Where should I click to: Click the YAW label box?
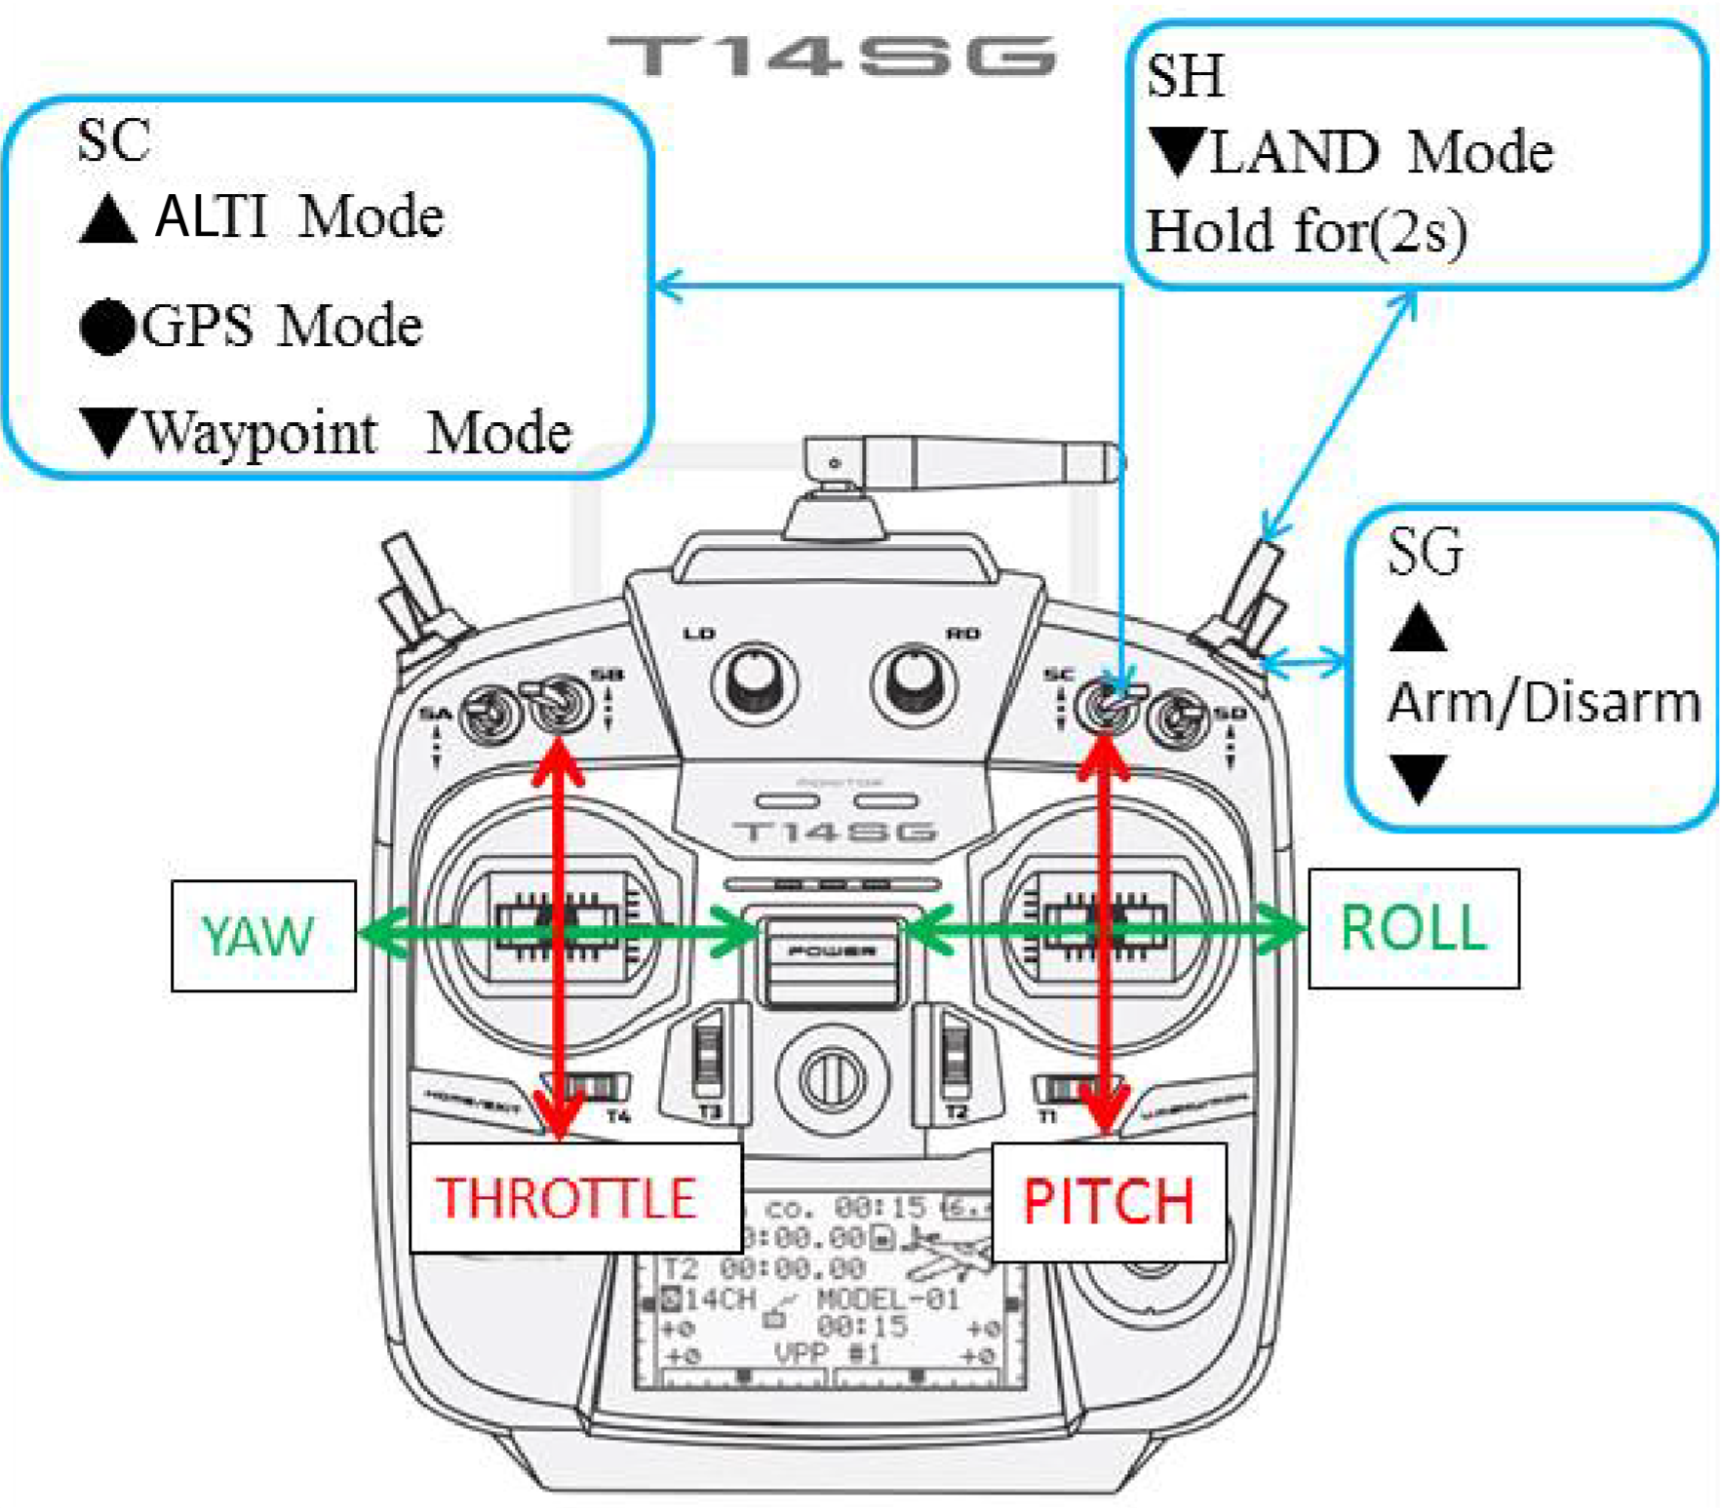tap(263, 936)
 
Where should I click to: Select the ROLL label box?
tap(1413, 928)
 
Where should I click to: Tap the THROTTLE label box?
tap(574, 1198)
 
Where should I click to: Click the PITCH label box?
tap(1109, 1201)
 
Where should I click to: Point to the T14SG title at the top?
tap(832, 56)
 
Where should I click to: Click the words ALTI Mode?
tap(298, 216)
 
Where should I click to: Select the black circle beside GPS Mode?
tap(107, 327)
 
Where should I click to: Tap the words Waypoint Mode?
tap(356, 434)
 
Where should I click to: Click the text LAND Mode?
tap(1380, 153)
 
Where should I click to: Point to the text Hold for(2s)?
tap(1306, 232)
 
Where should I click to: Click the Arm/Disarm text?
tap(1544, 702)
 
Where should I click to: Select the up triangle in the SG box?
tap(1418, 629)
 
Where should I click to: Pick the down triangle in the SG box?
tap(1419, 777)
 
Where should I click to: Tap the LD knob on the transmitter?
tap(754, 683)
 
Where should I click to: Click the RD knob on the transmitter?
tap(914, 683)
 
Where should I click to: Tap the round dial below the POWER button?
tap(832, 1079)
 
